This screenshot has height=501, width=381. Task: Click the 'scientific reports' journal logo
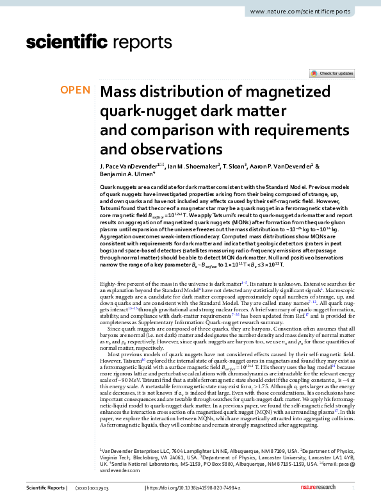coord(77,43)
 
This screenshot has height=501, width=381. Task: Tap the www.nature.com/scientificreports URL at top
coord(312,12)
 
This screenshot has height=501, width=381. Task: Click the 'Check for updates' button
coord(332,74)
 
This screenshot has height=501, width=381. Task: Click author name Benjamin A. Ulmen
coord(126,174)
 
